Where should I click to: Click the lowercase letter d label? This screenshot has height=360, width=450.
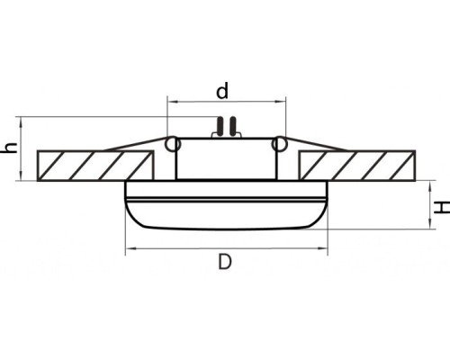(x=223, y=91)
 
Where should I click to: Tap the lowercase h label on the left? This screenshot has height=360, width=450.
(x=10, y=148)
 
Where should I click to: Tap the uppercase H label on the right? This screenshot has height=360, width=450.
(x=441, y=206)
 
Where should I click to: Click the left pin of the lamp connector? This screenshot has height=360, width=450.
(x=220, y=127)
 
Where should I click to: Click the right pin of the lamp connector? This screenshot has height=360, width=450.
(x=230, y=127)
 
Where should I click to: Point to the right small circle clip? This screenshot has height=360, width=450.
(x=279, y=144)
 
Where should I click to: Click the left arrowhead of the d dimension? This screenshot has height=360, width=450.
(x=172, y=103)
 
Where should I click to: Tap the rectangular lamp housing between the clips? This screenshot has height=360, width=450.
(x=226, y=159)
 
